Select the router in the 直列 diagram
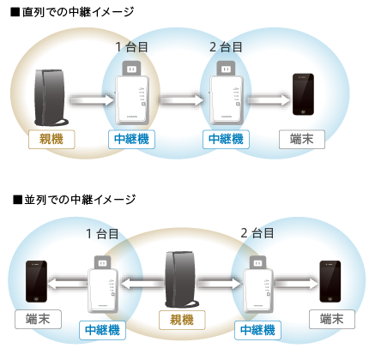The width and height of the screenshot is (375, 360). (51, 95)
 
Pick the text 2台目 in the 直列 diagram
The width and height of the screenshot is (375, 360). (226, 46)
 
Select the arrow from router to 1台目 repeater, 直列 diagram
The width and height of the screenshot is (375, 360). (91, 101)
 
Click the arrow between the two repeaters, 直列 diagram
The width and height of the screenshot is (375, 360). (179, 101)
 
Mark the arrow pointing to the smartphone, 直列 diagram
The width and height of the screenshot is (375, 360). (268, 101)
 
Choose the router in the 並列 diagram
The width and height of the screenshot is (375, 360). (182, 279)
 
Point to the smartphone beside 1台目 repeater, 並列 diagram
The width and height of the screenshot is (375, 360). (35, 280)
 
